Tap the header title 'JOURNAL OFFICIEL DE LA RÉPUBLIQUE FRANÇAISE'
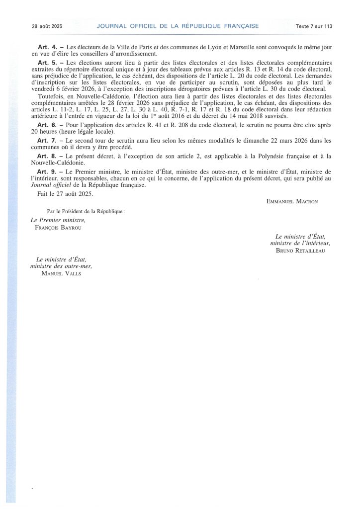coord(178,26)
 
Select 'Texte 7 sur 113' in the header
coord(313,26)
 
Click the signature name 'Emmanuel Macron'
coord(292,201)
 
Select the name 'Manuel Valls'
coord(62,273)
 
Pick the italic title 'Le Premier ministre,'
coord(58,220)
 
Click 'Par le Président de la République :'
coord(86,211)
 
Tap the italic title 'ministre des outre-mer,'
coord(62,266)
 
